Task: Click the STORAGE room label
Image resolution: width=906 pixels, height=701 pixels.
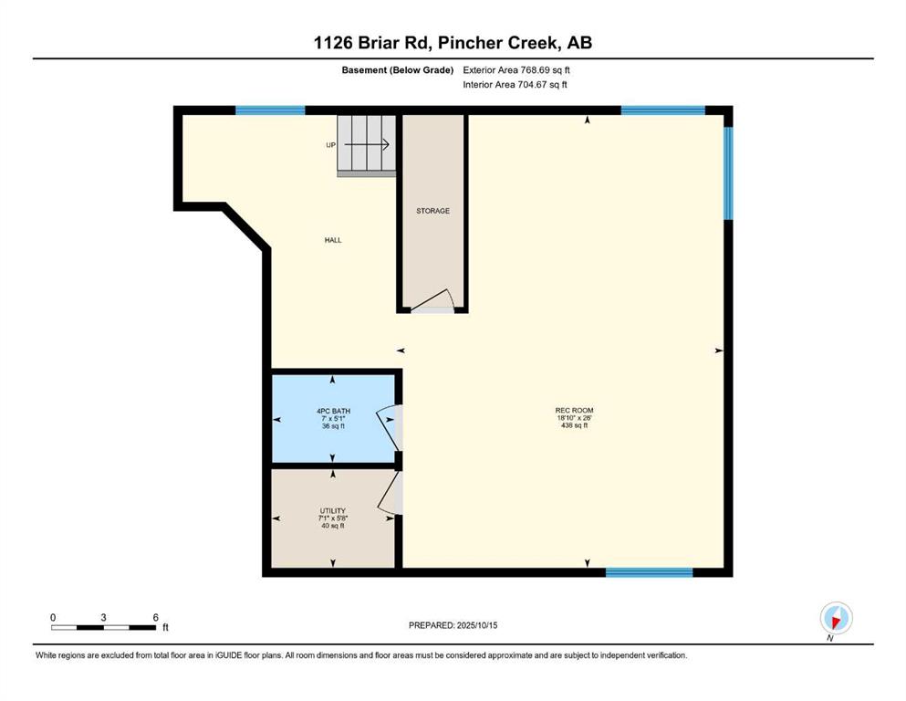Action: [x=432, y=211]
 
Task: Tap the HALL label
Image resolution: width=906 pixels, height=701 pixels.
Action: [x=333, y=240]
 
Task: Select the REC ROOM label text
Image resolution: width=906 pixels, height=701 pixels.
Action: [x=574, y=411]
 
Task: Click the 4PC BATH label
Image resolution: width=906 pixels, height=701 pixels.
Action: [x=333, y=411]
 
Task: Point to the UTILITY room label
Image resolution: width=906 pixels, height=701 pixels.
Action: [x=333, y=511]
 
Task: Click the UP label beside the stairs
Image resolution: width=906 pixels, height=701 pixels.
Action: [x=330, y=145]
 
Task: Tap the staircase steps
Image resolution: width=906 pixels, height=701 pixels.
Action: [x=367, y=145]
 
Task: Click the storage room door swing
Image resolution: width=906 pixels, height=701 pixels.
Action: [x=432, y=300]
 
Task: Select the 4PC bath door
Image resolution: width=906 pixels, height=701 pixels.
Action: [x=390, y=428]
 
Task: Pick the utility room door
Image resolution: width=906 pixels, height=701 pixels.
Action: [x=391, y=493]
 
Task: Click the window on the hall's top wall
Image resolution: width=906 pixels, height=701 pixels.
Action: [x=270, y=110]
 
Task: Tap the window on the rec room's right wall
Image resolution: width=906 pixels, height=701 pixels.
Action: [x=729, y=173]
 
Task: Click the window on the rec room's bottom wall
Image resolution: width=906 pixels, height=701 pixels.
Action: [x=649, y=572]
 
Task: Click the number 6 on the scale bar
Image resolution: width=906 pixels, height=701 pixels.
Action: [x=155, y=617]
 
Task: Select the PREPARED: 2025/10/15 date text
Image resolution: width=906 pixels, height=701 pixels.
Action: [x=453, y=625]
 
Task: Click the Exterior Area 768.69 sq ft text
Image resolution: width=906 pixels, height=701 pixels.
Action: [x=516, y=70]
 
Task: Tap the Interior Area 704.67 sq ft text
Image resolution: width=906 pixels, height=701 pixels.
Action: [x=515, y=84]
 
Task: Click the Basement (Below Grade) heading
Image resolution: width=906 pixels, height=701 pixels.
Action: [x=398, y=70]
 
